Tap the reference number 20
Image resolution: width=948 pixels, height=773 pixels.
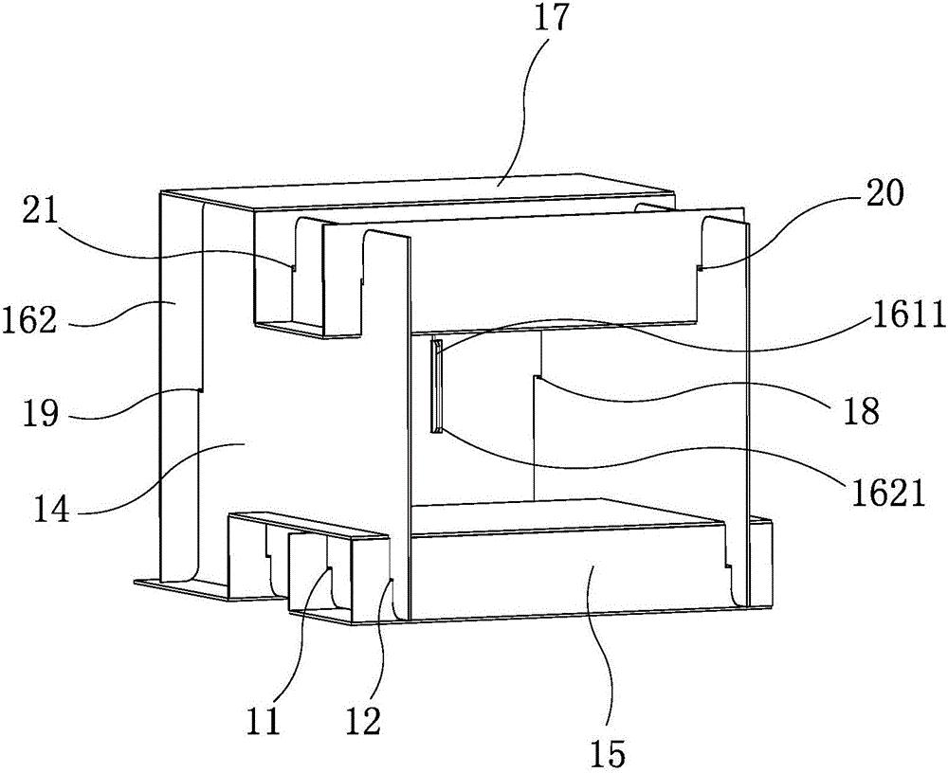coord(884,194)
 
